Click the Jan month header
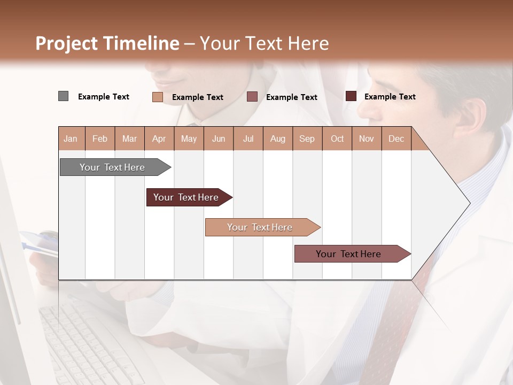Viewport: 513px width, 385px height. pyautogui.click(x=71, y=138)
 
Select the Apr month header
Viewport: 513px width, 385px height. pyautogui.click(x=159, y=138)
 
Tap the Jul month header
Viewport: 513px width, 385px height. pyautogui.click(x=248, y=138)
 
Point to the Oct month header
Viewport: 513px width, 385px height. pyautogui.click(x=337, y=138)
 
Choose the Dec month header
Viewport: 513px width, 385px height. pyautogui.click(x=396, y=138)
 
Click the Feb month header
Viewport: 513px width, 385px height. pyautogui.click(x=100, y=138)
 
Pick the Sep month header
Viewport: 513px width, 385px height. pyautogui.click(x=307, y=138)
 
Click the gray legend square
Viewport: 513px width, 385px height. pyautogui.click(x=63, y=96)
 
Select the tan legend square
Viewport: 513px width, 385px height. pyautogui.click(x=157, y=97)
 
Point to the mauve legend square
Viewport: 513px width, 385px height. pyautogui.click(x=252, y=97)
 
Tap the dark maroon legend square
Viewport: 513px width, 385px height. pyautogui.click(x=351, y=96)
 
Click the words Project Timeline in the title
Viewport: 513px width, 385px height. pyautogui.click(x=107, y=43)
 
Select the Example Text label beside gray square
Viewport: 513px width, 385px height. pyautogui.click(x=104, y=97)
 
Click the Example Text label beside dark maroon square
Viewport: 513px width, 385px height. pyautogui.click(x=390, y=97)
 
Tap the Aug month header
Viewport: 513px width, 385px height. pyautogui.click(x=277, y=138)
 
